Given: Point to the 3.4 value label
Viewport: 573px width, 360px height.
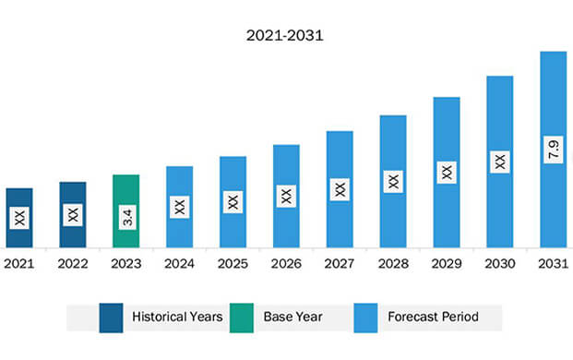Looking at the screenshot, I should [126, 219].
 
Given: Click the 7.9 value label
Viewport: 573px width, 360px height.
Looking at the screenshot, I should [554, 149].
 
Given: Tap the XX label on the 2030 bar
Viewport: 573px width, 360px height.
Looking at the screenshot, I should [500, 161].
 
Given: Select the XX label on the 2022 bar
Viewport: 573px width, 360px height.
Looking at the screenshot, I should [73, 215].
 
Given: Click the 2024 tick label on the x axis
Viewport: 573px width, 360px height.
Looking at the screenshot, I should [179, 263].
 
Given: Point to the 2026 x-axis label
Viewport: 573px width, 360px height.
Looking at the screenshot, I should [286, 263].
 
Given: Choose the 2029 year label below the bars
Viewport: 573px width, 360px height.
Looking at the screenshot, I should [447, 263].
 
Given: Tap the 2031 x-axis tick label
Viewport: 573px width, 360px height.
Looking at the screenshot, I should [553, 263].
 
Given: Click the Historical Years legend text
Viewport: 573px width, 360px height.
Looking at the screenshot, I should [176, 317].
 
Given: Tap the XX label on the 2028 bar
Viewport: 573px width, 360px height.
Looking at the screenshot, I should [393, 182].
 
